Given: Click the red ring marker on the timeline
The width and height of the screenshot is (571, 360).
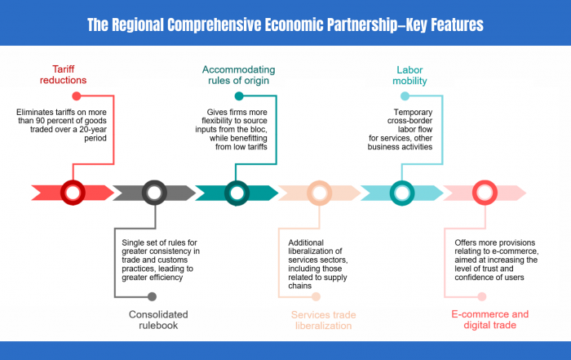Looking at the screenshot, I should [73, 193].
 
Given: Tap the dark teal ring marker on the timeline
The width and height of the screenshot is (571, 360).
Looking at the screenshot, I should [237, 193].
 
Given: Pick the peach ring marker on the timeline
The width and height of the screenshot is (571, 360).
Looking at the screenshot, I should [320, 193].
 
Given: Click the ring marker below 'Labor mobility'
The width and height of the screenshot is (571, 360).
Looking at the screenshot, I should [402, 193].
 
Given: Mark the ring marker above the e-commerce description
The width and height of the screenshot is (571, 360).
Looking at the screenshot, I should [484, 193].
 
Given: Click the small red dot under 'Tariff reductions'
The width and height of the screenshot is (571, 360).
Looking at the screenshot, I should [77, 96].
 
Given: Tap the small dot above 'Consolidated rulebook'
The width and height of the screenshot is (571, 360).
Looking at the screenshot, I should [152, 296].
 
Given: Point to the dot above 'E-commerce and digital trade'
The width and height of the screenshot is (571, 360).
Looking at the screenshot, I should [481, 296].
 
